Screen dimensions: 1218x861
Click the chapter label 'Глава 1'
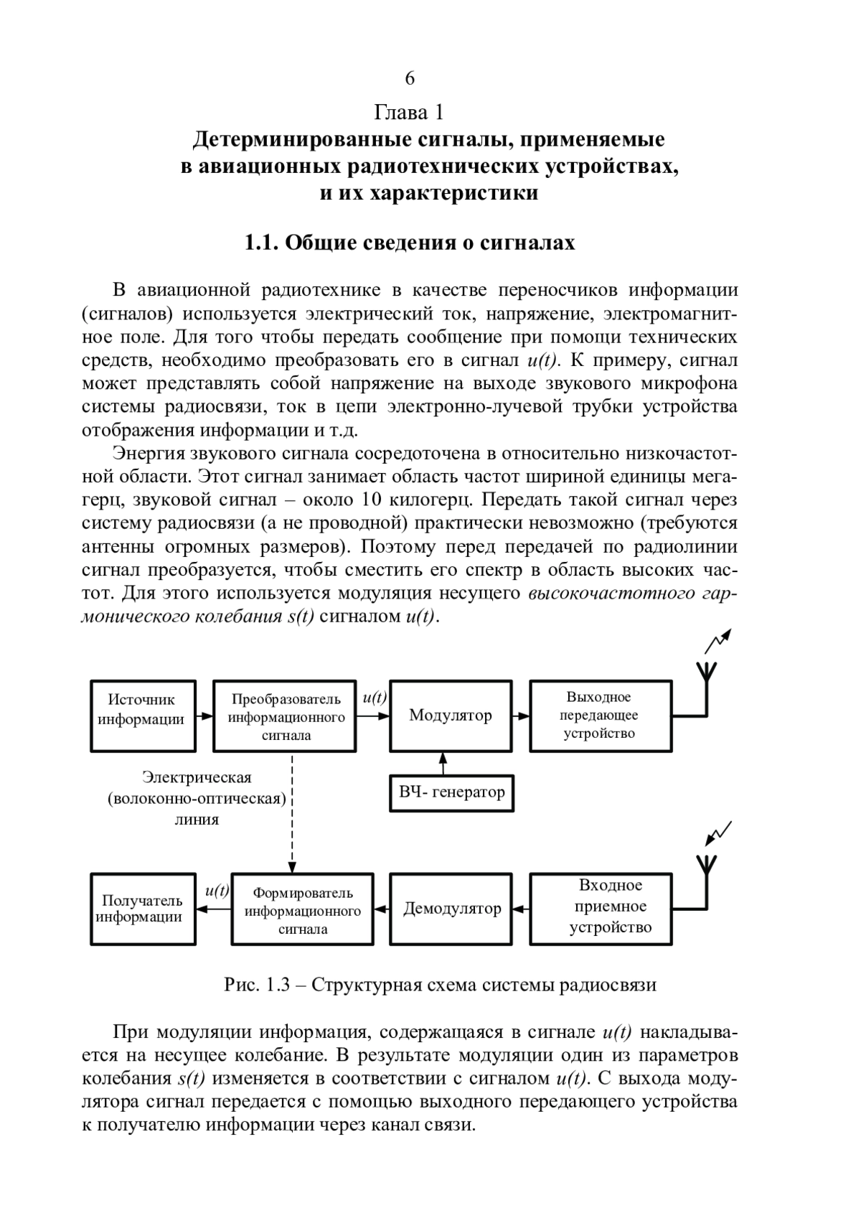click(410, 113)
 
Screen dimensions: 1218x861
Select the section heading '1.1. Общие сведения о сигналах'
click(410, 243)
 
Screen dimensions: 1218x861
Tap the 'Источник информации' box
click(143, 716)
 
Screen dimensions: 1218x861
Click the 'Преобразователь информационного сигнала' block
click(286, 716)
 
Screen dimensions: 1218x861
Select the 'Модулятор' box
click(451, 716)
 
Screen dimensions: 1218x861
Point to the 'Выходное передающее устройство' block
click(600, 716)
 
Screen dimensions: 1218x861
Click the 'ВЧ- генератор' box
click(451, 792)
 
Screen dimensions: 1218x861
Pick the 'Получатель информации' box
click(143, 909)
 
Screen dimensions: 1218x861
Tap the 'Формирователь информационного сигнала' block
click(302, 909)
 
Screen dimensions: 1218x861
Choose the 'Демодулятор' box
click(451, 909)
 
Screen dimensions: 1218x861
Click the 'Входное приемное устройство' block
click(601, 909)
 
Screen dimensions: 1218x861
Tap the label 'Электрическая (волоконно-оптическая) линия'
click(197, 798)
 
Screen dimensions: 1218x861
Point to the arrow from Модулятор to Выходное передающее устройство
click(522, 716)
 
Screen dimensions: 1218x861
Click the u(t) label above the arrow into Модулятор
click(375, 697)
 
